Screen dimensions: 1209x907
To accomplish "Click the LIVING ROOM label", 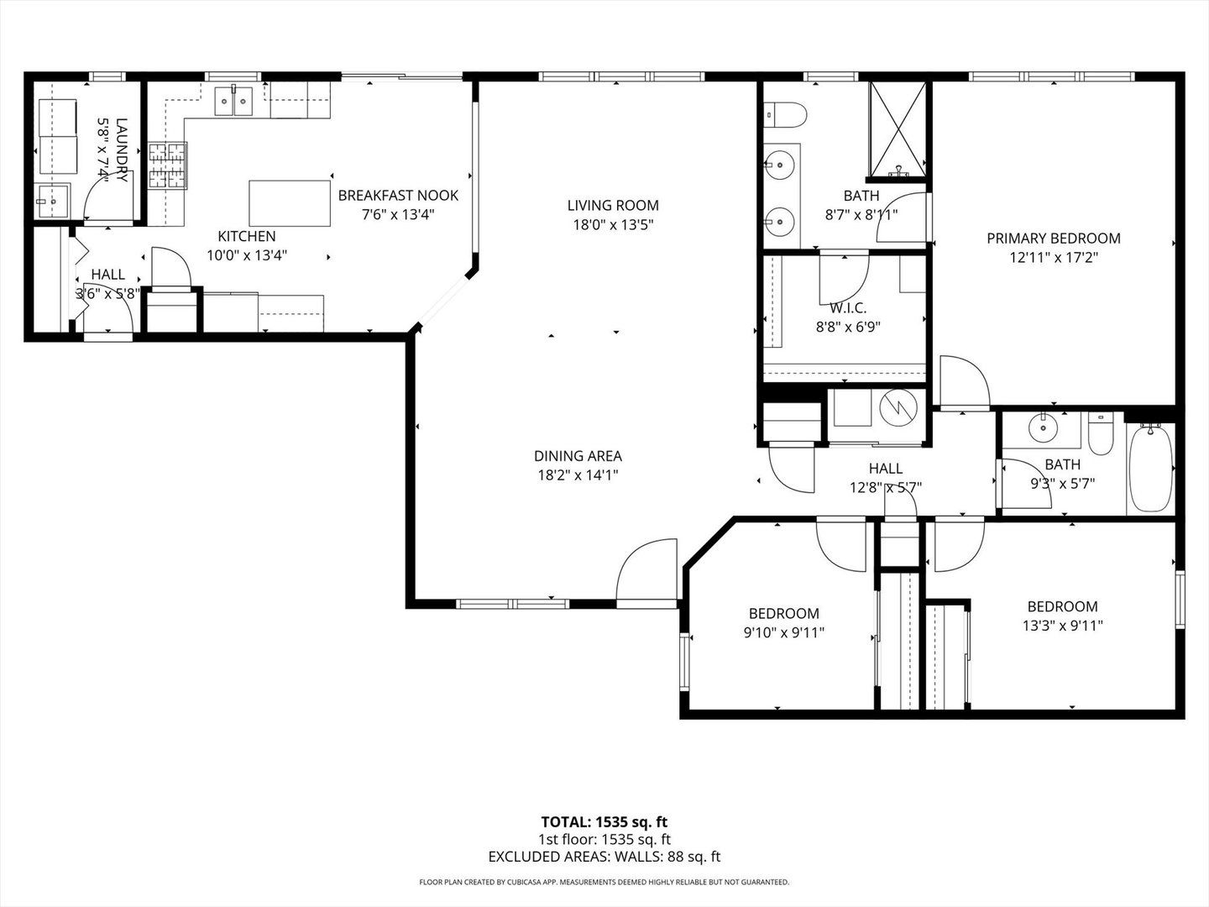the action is [613, 206].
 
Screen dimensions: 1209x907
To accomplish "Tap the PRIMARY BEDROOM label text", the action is [1054, 239].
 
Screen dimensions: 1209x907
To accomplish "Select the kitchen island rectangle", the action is [290, 203].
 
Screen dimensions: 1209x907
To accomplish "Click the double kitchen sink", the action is [233, 101].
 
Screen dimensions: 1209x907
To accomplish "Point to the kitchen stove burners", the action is [168, 165].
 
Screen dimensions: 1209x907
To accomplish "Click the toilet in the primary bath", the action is [786, 115].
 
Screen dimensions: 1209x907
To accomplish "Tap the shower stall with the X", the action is [898, 131].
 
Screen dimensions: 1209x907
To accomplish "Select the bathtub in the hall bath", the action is [1150, 468].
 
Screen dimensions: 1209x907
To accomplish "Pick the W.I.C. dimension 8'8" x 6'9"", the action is [848, 328].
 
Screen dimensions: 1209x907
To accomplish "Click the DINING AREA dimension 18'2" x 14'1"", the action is [578, 474].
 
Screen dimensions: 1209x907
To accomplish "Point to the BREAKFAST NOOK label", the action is [398, 196].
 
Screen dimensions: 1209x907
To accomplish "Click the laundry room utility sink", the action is [52, 202].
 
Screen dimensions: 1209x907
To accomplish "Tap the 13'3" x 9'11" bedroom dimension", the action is [1062, 626].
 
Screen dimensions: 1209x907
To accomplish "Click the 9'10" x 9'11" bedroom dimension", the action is [784, 632].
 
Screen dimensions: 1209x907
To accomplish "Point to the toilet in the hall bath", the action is [1101, 433].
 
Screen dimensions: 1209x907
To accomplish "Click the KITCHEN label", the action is [247, 236].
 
